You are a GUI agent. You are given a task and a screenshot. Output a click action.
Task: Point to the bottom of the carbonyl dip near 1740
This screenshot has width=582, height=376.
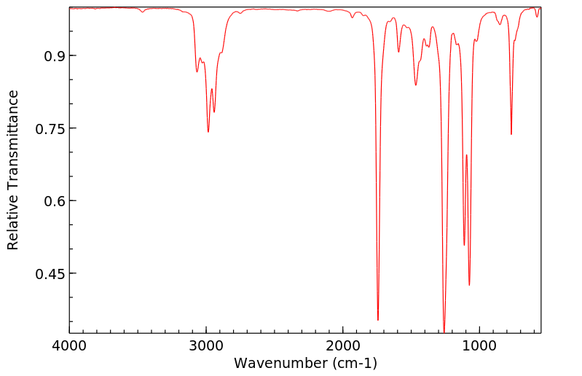coord(378,319)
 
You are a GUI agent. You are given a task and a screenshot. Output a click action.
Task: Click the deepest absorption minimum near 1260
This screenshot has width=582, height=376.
coord(444,332)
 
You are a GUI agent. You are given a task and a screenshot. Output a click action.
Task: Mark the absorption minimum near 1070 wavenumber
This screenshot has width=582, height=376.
coord(469,285)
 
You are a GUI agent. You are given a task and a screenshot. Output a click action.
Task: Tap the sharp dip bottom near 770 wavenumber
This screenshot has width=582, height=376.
coord(511,134)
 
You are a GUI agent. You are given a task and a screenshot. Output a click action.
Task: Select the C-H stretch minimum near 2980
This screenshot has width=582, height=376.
coord(208,132)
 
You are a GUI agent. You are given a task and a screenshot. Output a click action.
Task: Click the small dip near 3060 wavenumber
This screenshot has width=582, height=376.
coord(197,71)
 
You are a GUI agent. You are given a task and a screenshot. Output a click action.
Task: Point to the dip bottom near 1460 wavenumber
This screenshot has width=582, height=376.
coord(416,85)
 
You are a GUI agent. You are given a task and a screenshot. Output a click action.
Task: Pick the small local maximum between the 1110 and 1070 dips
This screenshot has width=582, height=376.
coord(466,155)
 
